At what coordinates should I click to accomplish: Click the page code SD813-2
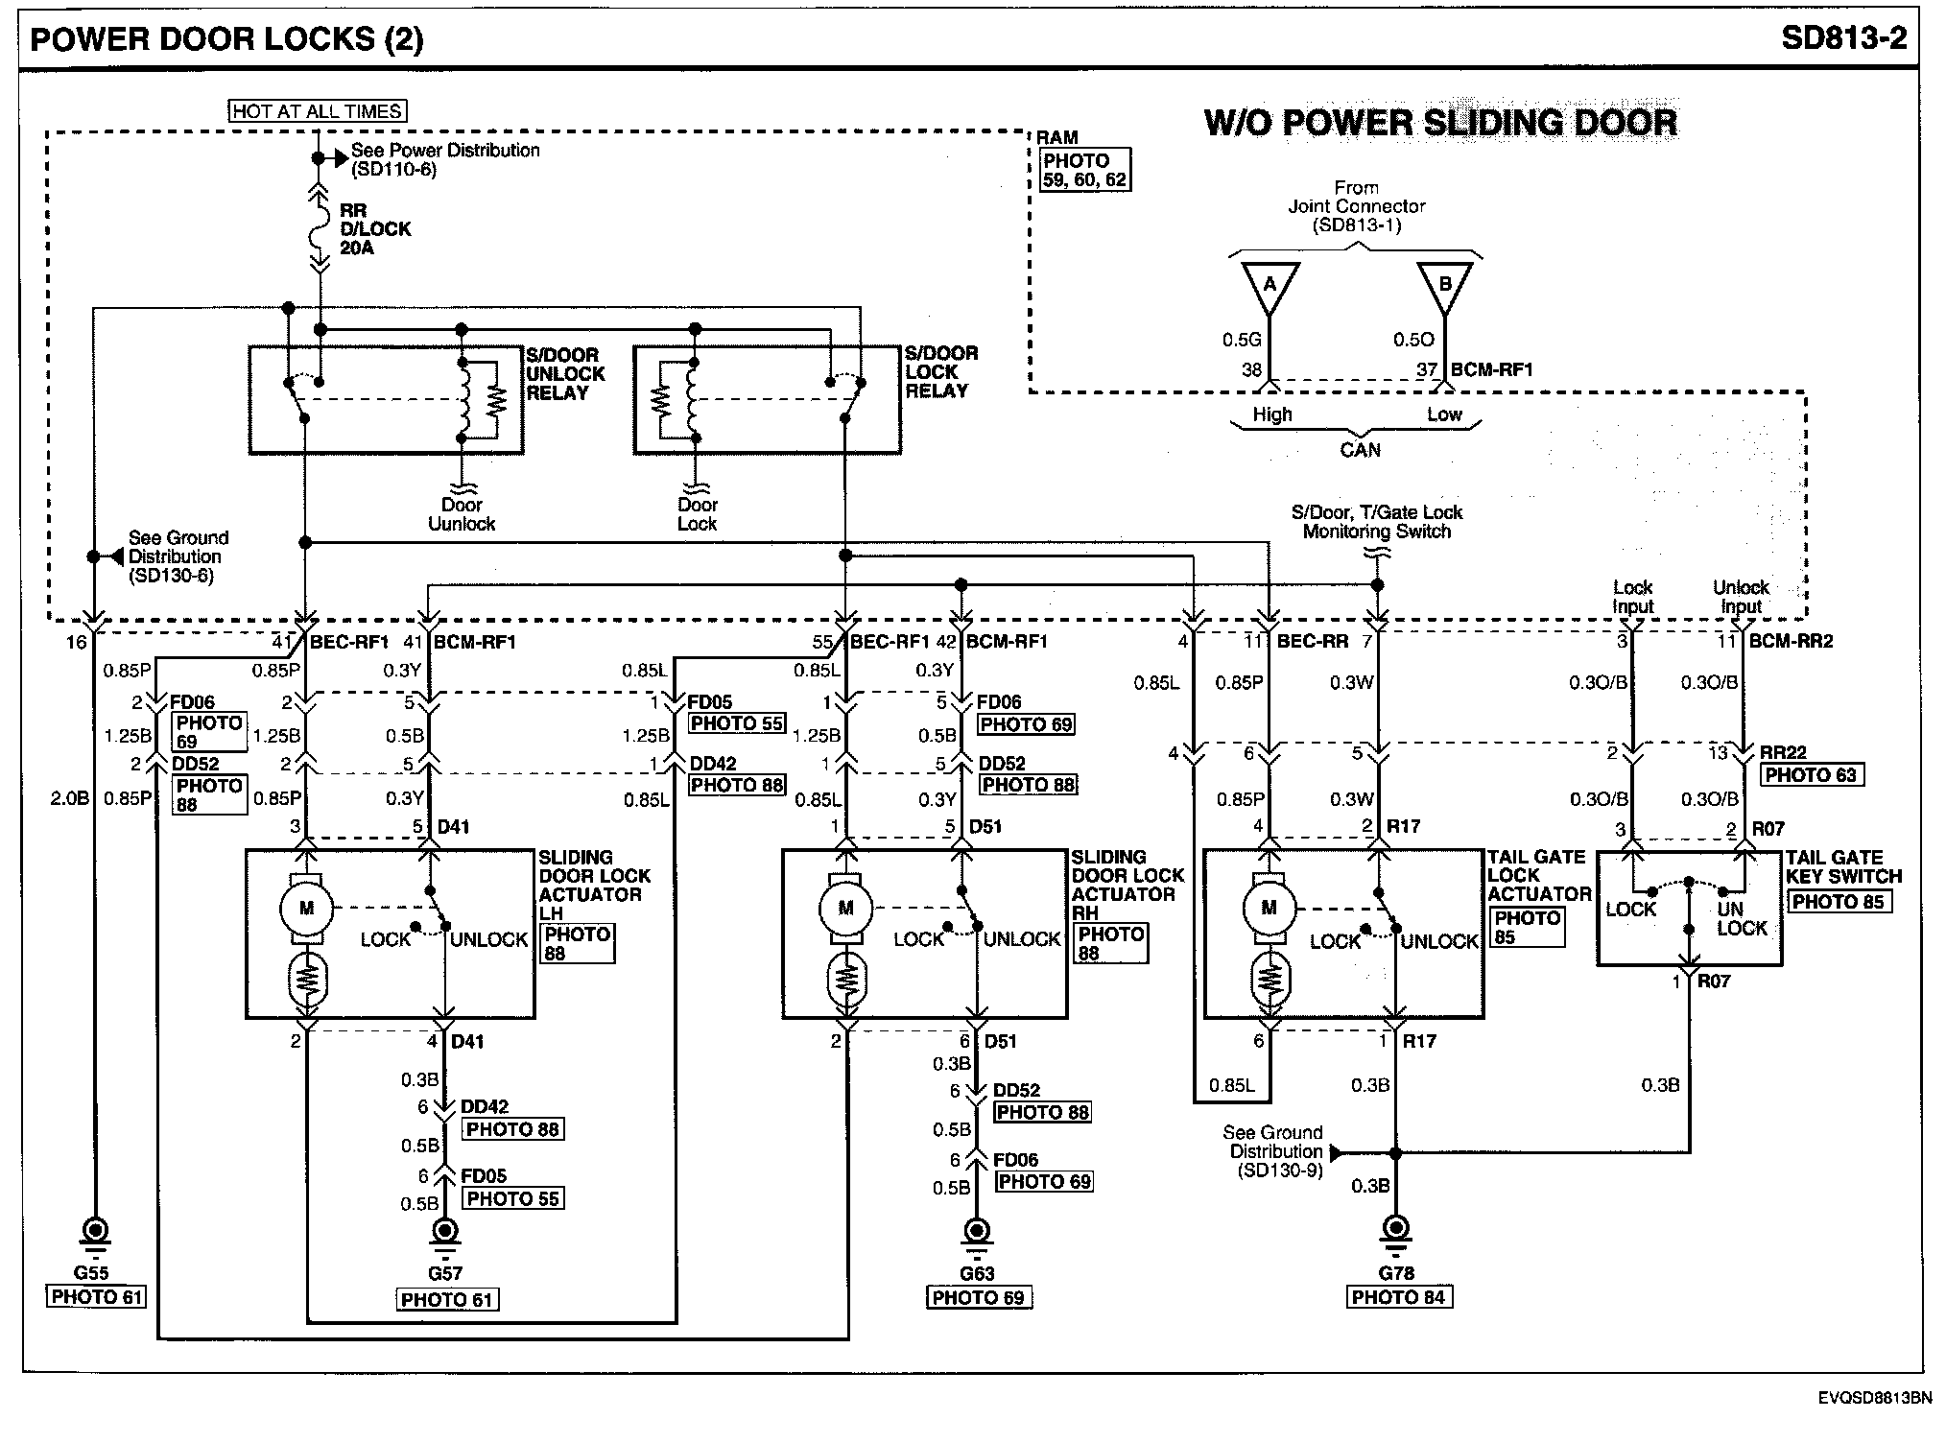click(1842, 37)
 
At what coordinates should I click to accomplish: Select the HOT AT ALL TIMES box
click(317, 111)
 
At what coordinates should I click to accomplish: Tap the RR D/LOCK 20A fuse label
click(362, 229)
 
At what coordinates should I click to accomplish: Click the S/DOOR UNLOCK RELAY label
click(565, 374)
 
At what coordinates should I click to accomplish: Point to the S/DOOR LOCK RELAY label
click(940, 372)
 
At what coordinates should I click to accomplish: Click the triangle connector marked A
click(1270, 286)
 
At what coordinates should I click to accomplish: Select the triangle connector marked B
click(1444, 286)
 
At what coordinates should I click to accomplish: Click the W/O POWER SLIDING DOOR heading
click(1440, 123)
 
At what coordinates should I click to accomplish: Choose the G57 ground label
click(445, 1273)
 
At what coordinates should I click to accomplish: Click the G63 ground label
click(977, 1273)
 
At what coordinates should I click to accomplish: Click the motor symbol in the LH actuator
click(306, 908)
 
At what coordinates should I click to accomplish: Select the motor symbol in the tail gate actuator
click(1269, 908)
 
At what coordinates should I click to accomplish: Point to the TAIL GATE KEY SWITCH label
click(1842, 866)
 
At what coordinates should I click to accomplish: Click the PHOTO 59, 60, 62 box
click(1084, 170)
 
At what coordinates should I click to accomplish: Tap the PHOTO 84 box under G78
click(1397, 1298)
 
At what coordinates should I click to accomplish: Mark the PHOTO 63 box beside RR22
click(1811, 775)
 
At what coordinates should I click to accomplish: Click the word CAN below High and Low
click(1360, 449)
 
